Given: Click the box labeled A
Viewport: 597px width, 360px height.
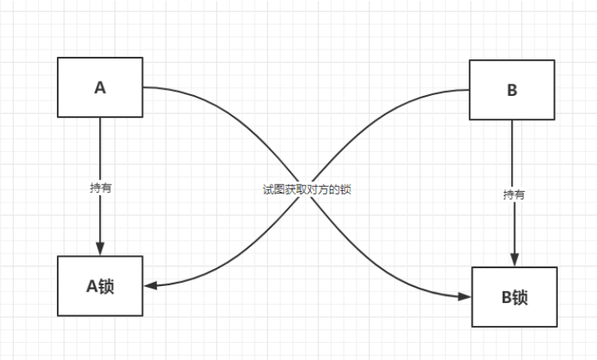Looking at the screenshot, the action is [x=100, y=87].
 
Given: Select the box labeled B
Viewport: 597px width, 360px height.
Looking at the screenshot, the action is [x=512, y=90].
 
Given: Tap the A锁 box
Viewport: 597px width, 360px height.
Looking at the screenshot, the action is [x=100, y=285].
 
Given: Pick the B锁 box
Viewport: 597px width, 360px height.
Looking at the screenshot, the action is [x=514, y=297].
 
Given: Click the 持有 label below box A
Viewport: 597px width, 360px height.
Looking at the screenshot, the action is [x=101, y=187].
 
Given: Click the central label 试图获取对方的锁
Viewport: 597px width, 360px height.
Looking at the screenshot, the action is [x=306, y=188].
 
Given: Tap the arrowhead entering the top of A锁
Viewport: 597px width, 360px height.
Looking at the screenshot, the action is [x=100, y=249].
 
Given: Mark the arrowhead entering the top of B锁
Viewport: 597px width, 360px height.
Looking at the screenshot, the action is [x=513, y=260].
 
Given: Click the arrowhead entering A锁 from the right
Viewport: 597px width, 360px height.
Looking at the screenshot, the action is [x=150, y=285].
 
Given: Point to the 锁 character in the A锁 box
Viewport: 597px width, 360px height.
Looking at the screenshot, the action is [x=106, y=285].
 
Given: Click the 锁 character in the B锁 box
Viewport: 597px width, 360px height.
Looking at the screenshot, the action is [x=521, y=297].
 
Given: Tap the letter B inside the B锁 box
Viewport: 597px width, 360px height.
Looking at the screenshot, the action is [x=505, y=297].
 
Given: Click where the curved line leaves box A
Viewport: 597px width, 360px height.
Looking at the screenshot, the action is [x=145, y=87].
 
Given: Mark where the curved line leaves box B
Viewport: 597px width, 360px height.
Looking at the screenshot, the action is [x=469, y=90].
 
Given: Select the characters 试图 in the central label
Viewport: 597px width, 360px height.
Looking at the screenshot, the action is [x=271, y=188].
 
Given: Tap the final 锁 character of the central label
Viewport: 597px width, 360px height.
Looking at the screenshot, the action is [x=345, y=188].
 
